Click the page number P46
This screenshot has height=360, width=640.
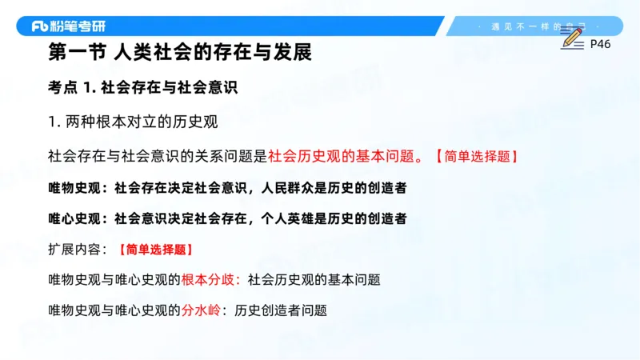click(x=600, y=44)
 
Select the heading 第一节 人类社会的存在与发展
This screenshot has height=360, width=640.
click(x=179, y=54)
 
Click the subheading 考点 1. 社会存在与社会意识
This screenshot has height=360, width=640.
click(x=144, y=88)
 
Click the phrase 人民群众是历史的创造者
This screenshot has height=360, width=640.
click(x=339, y=188)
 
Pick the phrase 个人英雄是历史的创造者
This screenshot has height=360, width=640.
click(x=339, y=218)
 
